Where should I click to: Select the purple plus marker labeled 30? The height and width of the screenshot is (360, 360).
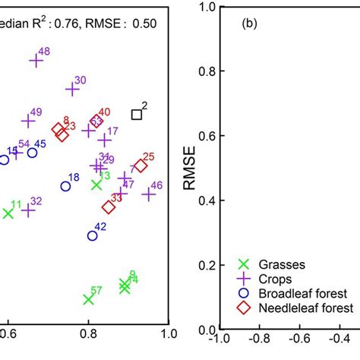tap(72, 89)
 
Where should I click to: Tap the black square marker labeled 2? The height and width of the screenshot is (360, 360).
tap(137, 115)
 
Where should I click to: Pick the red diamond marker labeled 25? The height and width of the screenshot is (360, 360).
tap(141, 166)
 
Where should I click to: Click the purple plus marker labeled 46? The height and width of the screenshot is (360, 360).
tap(149, 194)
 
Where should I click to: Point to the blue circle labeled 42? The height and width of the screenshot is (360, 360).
tap(92, 235)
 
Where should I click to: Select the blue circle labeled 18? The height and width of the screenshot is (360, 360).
tap(66, 186)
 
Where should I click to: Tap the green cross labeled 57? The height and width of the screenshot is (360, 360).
tap(88, 299)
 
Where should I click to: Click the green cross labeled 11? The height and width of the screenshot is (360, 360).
tap(8, 213)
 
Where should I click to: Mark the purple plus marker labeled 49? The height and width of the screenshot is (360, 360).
tap(28, 121)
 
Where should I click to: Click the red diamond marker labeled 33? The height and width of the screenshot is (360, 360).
tap(109, 207)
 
